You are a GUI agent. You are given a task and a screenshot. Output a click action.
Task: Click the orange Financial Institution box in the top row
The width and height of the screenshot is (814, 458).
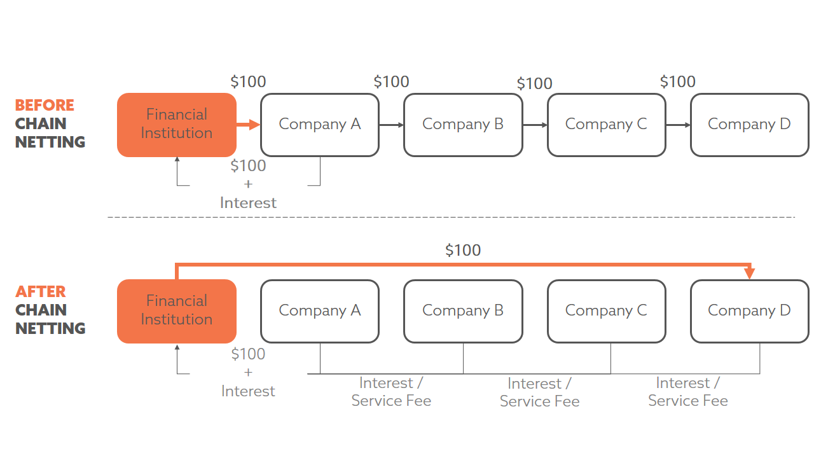[177, 125]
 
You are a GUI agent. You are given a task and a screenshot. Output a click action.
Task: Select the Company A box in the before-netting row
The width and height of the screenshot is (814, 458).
[320, 125]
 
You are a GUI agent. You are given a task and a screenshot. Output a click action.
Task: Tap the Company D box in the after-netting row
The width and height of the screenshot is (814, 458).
[749, 311]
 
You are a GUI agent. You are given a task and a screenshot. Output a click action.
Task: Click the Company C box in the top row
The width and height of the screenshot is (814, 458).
[606, 125]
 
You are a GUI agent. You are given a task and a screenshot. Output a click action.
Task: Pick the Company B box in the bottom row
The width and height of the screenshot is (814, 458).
[463, 311]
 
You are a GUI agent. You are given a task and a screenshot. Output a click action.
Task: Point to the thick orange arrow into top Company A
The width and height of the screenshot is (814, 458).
[249, 125]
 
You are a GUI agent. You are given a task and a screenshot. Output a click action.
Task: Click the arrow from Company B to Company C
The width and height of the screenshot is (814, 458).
[535, 125]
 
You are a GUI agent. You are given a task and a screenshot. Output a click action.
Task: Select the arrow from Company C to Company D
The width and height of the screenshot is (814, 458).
[678, 125]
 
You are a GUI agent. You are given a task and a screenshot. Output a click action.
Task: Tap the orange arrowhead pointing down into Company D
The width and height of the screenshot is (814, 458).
[750, 274]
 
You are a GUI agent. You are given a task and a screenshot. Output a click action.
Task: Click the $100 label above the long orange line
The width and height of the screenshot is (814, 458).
[463, 250]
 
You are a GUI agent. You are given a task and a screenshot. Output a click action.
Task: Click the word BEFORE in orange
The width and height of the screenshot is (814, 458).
[45, 106]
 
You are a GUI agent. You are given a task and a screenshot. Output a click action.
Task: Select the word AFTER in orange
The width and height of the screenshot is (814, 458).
[41, 292]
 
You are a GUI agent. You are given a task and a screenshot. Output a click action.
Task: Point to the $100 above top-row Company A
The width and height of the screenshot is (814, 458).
[248, 82]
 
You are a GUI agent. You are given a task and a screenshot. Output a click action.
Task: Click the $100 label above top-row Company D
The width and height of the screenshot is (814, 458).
[678, 82]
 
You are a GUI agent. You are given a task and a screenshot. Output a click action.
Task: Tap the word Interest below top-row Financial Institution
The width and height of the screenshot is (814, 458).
[248, 203]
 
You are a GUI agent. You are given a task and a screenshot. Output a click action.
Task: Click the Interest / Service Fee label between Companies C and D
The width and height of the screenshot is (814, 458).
[687, 392]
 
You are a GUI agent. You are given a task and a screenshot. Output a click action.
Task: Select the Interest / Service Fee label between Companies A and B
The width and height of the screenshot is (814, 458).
[391, 392]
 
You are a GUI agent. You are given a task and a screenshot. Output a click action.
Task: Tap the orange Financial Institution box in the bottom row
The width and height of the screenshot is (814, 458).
[177, 311]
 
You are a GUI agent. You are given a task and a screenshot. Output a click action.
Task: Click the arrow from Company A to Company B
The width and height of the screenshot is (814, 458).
[391, 125]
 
